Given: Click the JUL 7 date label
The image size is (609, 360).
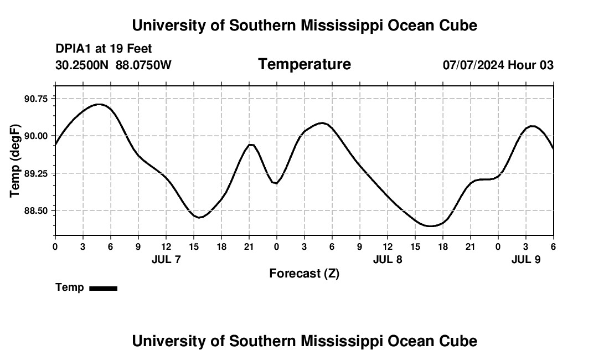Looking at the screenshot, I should click(x=166, y=259).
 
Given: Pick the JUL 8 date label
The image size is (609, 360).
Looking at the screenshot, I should click(x=388, y=259).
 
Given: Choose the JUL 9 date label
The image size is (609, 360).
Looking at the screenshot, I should click(x=526, y=259).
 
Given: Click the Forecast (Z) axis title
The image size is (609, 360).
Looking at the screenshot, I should click(x=304, y=273).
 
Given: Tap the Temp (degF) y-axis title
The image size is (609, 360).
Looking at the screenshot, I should click(x=16, y=161).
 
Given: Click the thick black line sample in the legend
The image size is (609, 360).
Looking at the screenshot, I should click(x=103, y=288).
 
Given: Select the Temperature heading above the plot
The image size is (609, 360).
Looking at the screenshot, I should click(x=304, y=64).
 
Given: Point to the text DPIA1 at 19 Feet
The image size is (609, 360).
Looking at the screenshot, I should click(x=104, y=49).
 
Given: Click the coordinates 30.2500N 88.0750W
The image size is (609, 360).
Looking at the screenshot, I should click(x=113, y=65).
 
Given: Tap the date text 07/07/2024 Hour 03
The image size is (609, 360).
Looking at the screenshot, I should click(x=498, y=65).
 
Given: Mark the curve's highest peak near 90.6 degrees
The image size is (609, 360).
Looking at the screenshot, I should click(x=99, y=104).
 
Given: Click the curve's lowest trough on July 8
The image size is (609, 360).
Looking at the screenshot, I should click(x=430, y=226).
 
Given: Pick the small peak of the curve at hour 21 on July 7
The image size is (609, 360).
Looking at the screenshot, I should click(x=251, y=145).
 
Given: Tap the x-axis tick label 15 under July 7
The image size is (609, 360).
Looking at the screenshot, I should click(x=193, y=246).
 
